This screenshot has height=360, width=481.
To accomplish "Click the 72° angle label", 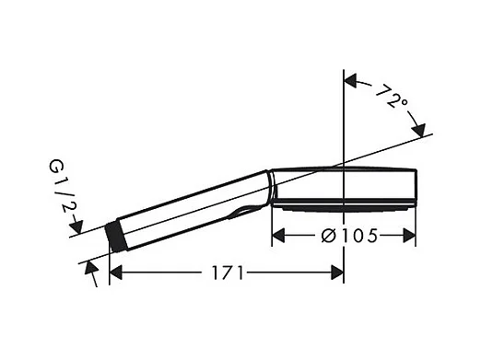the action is click(391, 96).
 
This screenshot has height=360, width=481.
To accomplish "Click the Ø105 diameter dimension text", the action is click(349, 237).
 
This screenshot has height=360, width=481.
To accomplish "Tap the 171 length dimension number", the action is click(228, 273).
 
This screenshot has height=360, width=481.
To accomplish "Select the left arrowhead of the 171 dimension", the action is click(116, 273).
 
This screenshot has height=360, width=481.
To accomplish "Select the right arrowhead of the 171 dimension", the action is click(337, 273).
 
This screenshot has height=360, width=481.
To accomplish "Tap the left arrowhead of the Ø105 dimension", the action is click(278, 236).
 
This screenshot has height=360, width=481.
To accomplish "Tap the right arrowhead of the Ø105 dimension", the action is click(409, 236).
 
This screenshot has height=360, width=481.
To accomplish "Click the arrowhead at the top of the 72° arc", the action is click(350, 80).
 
